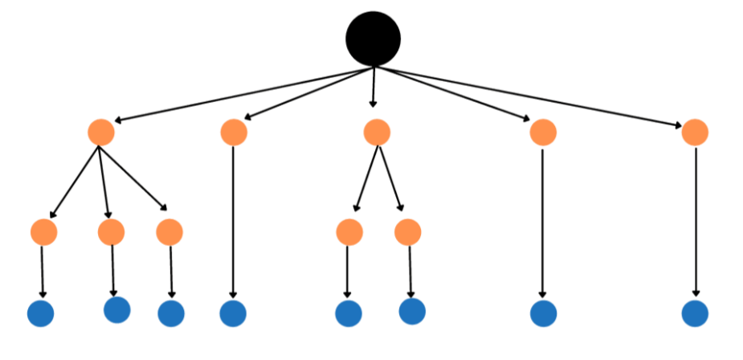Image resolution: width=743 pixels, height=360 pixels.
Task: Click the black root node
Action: point(373,39)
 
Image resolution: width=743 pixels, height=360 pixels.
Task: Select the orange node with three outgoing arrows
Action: point(100,133)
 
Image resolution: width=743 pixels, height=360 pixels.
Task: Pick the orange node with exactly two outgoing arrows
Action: point(376,133)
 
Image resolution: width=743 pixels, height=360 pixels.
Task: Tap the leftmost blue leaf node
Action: point(40,313)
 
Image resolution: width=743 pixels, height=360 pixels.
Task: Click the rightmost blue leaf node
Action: point(695,313)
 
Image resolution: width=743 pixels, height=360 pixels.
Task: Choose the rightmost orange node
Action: point(695,133)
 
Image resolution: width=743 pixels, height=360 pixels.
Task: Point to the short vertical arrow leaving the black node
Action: point(373,87)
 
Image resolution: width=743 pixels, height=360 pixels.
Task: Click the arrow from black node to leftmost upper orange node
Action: point(241,95)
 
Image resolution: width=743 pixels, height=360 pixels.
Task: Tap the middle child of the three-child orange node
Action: point(111,232)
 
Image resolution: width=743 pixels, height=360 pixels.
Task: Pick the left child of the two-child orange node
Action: point(349,232)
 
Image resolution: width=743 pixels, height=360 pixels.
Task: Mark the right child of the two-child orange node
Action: point(408,232)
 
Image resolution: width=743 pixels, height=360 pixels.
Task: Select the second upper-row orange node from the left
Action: point(233,133)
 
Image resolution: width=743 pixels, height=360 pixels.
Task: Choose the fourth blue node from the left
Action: point(233,313)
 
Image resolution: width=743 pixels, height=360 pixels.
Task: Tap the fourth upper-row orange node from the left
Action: point(543,133)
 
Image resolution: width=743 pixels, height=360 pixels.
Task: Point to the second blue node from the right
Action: point(543,313)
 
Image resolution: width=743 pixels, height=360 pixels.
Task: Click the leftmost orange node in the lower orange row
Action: point(43,232)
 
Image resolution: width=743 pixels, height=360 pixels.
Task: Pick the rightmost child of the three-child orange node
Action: point(169,232)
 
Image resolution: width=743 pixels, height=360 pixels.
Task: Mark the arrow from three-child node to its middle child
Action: point(104,181)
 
